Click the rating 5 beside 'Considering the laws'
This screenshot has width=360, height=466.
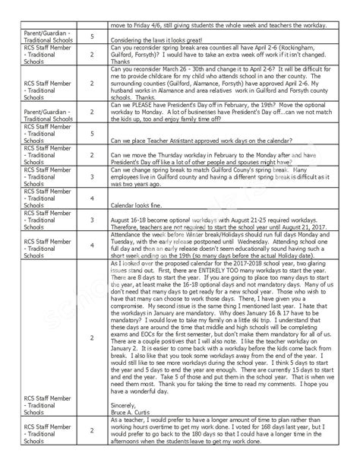tap(92, 36)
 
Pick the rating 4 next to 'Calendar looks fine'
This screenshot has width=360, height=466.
tap(92, 199)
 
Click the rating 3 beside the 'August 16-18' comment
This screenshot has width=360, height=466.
tap(92, 220)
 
